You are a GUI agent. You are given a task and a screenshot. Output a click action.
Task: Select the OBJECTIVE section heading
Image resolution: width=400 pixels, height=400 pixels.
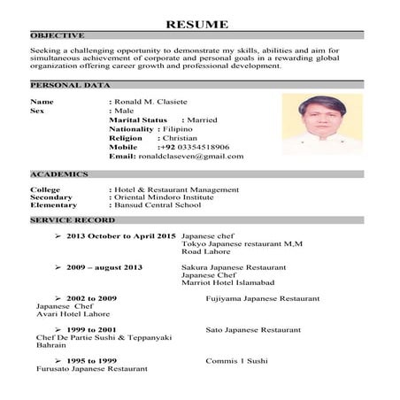[x=58, y=35]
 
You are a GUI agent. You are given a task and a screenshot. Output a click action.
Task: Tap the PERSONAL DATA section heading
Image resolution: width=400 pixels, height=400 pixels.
[x=70, y=85]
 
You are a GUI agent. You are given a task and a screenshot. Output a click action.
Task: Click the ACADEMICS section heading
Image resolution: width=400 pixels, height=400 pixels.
[x=58, y=174]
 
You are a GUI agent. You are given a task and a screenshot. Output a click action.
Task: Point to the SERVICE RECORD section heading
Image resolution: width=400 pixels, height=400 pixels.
[x=72, y=219]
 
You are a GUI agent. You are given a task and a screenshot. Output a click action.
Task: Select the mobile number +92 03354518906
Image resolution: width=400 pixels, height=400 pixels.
[x=194, y=147]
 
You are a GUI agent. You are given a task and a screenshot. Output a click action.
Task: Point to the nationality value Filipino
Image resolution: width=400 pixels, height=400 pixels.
[x=176, y=128]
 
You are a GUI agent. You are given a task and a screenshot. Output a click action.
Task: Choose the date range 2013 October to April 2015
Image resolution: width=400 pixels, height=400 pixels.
[x=121, y=237]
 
